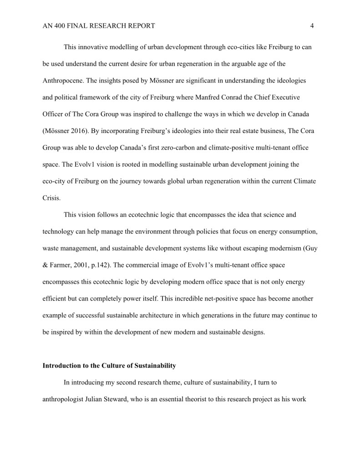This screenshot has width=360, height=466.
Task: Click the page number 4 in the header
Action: (312, 26)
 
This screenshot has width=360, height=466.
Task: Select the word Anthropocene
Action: (63, 81)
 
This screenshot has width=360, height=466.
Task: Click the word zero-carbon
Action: (176, 147)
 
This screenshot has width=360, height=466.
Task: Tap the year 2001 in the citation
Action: (88, 265)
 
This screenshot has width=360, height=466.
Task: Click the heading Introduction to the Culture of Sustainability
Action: (109, 366)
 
